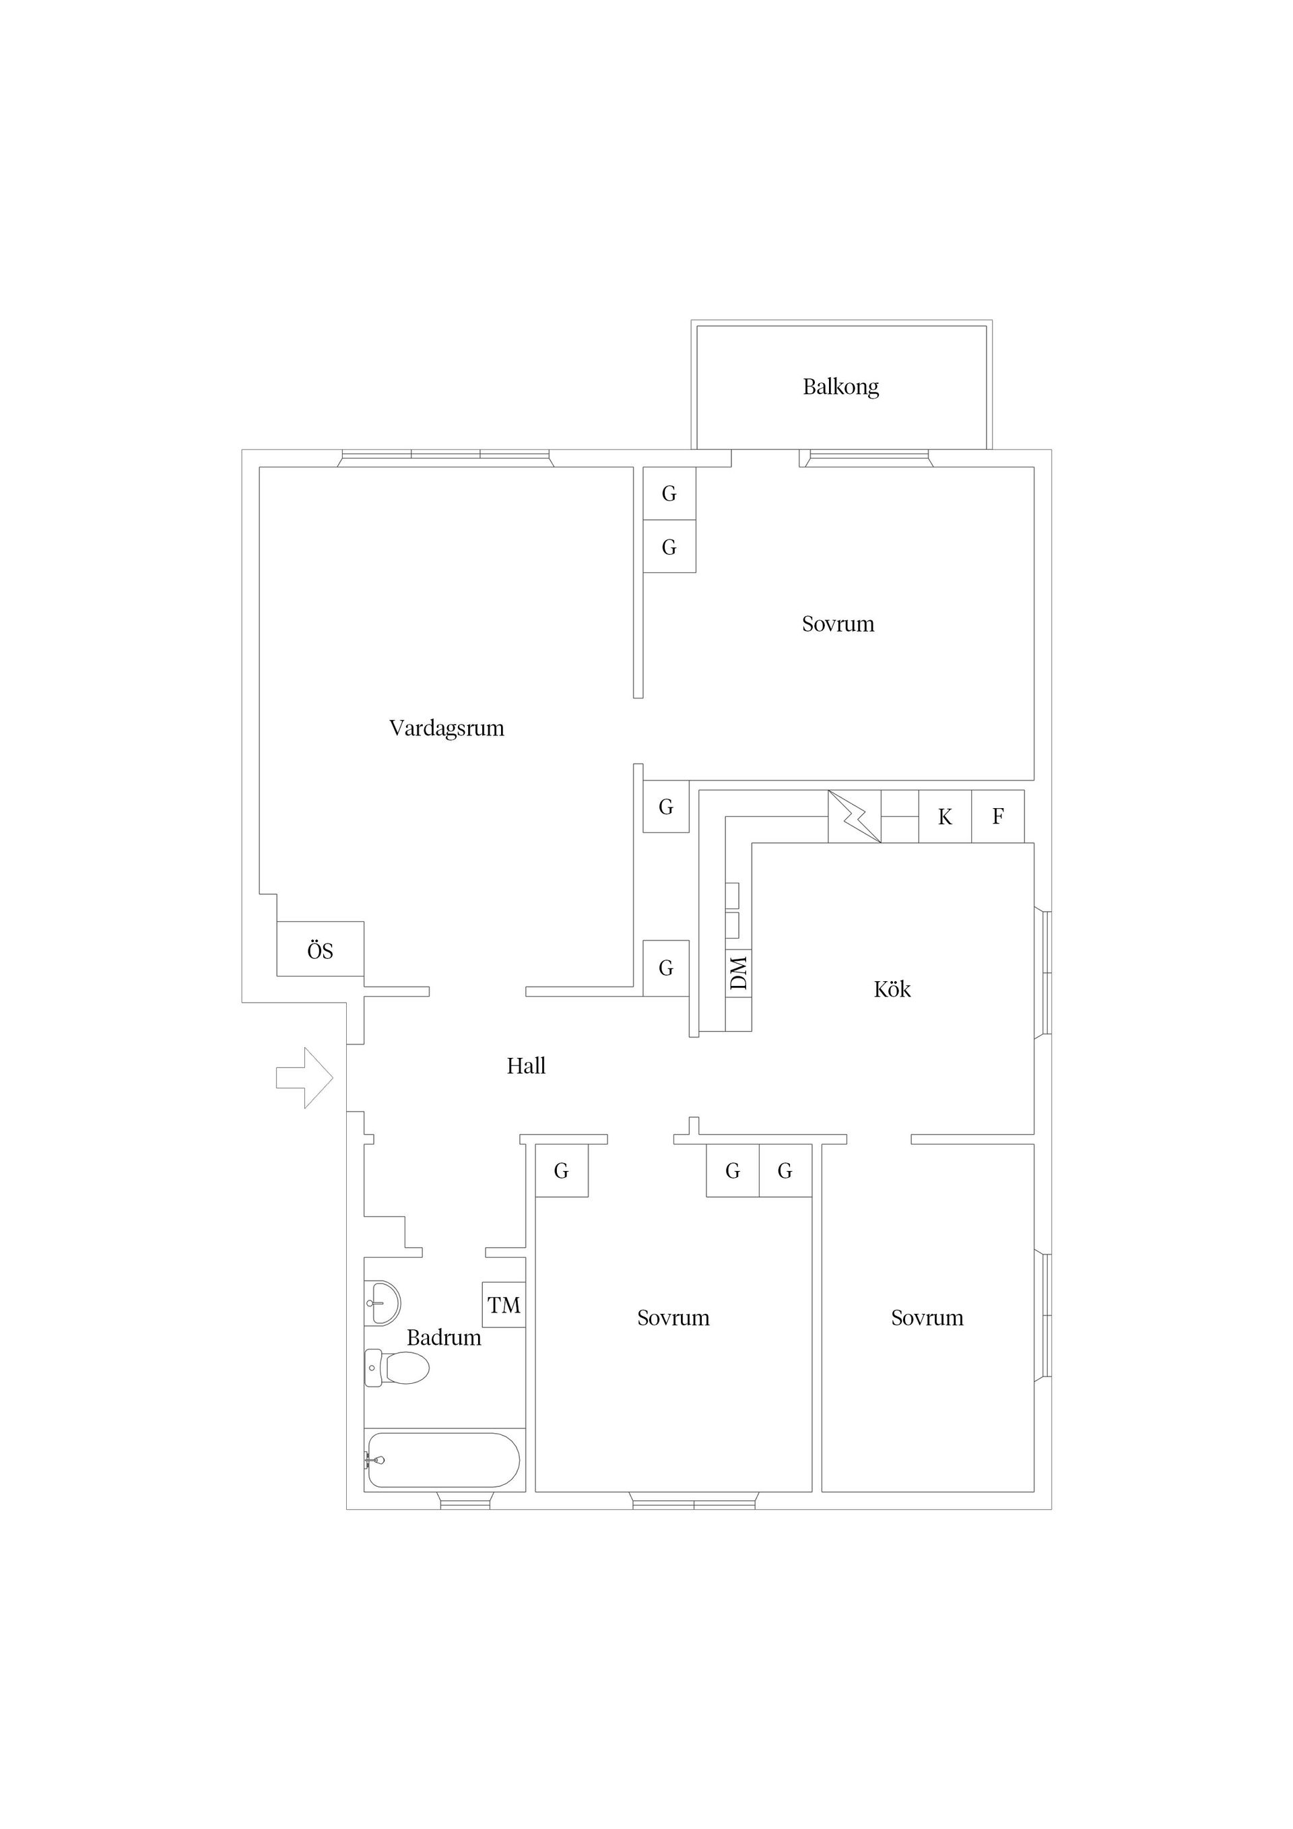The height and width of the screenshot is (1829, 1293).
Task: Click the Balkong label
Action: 840,387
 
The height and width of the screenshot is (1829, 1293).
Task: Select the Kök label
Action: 892,989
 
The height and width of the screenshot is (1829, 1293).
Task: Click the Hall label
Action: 526,1066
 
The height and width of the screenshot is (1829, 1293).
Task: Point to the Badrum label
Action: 444,1337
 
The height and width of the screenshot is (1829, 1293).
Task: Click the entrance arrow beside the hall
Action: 304,1077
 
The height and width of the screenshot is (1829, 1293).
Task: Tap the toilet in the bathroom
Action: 397,1368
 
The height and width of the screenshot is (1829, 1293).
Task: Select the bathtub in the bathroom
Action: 442,1460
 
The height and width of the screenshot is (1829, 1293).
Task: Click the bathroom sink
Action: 382,1303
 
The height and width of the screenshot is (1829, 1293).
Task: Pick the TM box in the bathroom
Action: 504,1305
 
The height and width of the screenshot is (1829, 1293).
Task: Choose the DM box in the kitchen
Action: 739,972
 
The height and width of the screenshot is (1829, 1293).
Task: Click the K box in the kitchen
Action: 945,816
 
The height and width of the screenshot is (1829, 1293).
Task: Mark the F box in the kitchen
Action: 997,816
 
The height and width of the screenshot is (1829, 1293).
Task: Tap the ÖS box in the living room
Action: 321,949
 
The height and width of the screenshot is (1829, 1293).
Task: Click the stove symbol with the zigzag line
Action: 855,816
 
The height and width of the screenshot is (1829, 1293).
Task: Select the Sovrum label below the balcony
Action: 838,624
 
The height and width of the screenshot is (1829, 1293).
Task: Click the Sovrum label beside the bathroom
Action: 673,1318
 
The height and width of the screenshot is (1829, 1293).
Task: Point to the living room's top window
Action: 445,458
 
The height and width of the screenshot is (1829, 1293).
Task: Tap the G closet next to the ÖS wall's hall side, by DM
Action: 666,968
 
